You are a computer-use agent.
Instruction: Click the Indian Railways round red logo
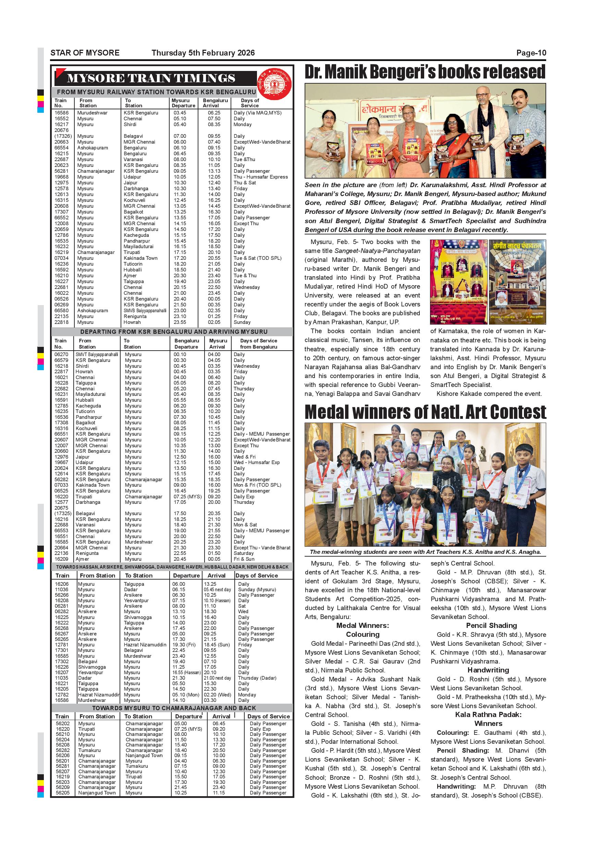[x=274, y=84]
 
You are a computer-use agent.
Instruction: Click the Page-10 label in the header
[x=531, y=53]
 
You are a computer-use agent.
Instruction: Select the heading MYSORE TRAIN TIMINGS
[x=151, y=78]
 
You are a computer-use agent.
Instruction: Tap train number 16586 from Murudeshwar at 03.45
[x=61, y=113]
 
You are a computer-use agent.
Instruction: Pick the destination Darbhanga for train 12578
[x=136, y=189]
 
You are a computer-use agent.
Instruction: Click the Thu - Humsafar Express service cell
[x=260, y=177]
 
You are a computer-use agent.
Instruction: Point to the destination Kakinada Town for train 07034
[x=140, y=258]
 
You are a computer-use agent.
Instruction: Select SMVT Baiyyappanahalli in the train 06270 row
[x=97, y=354]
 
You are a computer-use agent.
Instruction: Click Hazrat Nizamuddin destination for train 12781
[x=145, y=645]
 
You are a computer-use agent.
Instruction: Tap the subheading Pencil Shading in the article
[x=491, y=625]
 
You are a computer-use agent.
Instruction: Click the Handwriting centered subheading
[x=488, y=670]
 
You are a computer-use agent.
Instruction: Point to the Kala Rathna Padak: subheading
[x=488, y=715]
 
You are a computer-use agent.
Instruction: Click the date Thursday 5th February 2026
[x=203, y=53]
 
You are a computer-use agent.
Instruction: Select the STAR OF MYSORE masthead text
[x=85, y=53]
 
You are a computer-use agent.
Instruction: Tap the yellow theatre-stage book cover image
[x=458, y=282]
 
